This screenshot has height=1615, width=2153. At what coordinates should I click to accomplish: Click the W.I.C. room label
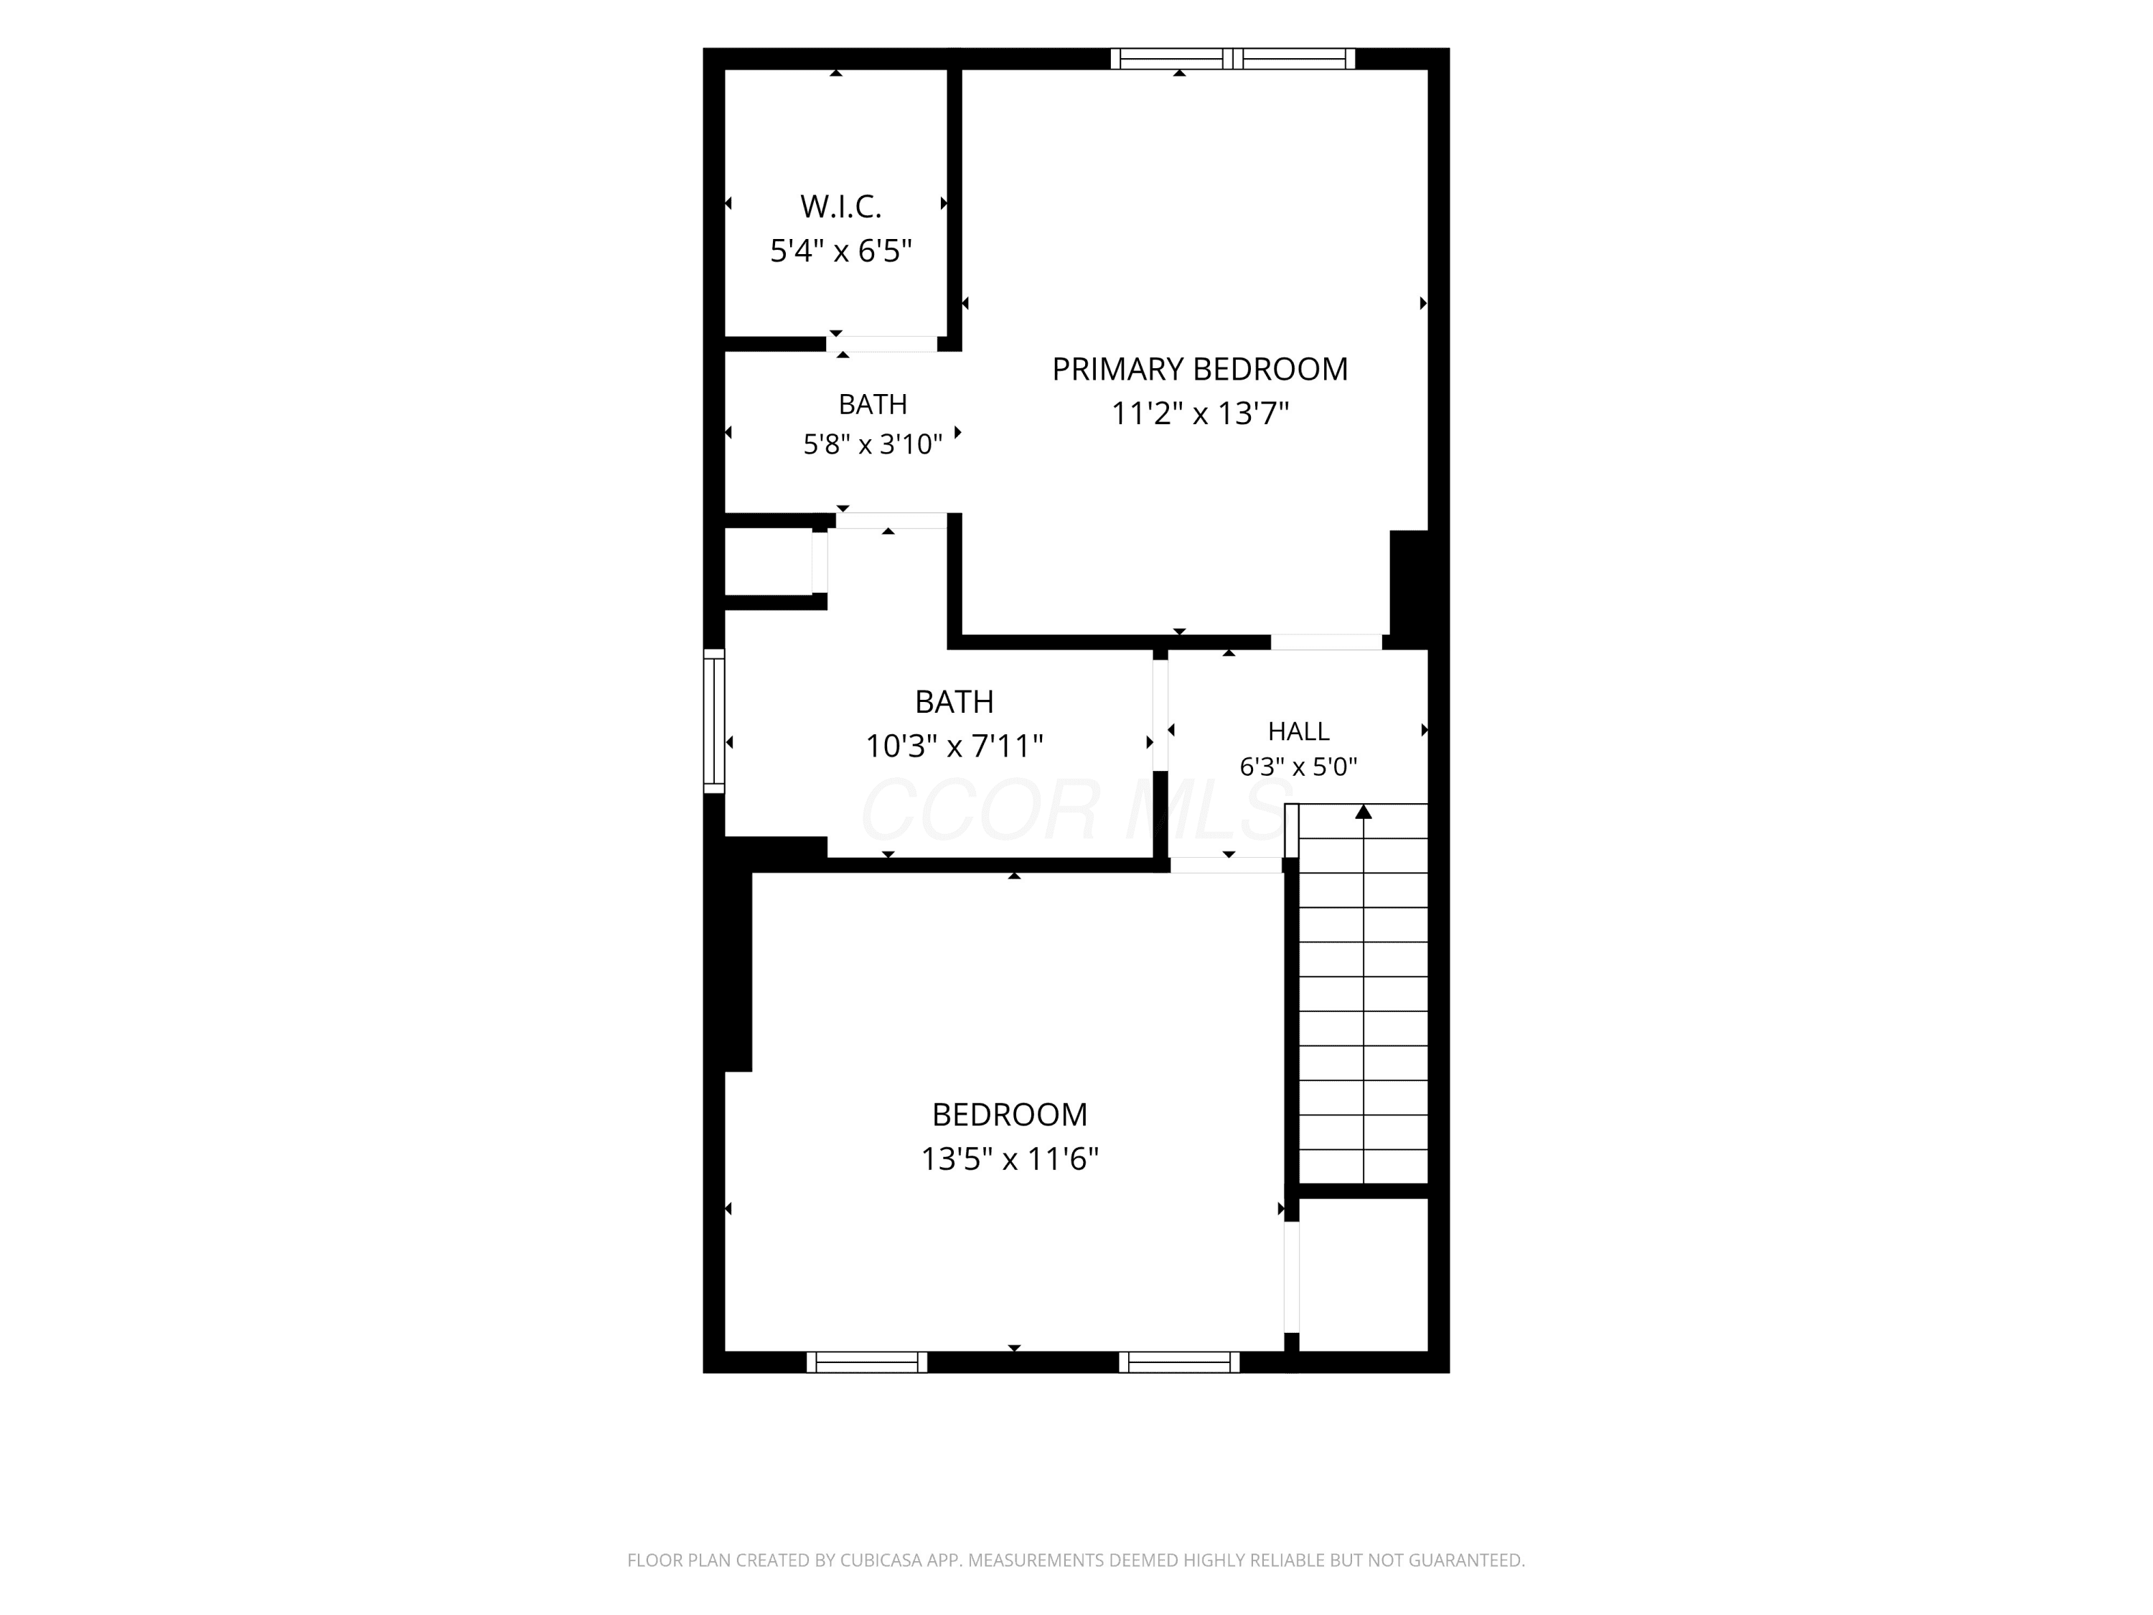(x=841, y=207)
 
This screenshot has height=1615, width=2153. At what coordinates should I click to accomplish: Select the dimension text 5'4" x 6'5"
(x=841, y=251)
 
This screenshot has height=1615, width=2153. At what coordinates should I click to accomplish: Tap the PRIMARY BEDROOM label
(x=1200, y=369)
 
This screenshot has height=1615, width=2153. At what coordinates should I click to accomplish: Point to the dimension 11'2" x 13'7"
(x=1200, y=413)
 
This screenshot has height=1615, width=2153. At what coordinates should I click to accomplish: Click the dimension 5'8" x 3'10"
(x=873, y=445)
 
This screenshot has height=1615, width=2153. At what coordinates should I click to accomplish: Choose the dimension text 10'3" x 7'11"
(x=954, y=746)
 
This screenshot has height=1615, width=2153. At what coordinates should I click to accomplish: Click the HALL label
(x=1298, y=731)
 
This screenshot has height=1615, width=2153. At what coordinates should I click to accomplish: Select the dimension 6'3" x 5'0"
(x=1298, y=767)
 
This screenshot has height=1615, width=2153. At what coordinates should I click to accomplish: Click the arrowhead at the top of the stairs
(x=1364, y=812)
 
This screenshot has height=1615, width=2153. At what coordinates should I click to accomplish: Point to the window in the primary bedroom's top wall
(x=1233, y=58)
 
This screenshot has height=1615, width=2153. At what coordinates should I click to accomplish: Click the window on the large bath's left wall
(x=714, y=721)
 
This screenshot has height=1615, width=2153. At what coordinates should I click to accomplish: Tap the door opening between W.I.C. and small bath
(x=882, y=344)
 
